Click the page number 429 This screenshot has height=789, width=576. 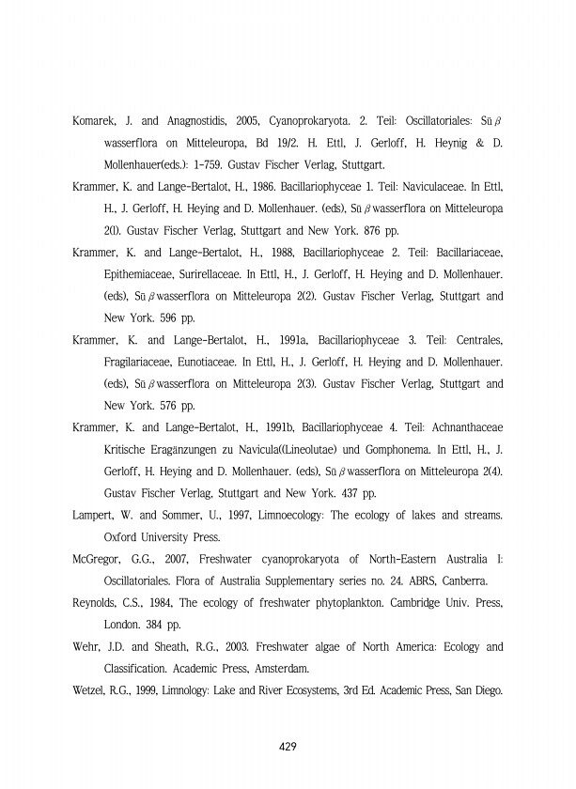(288, 747)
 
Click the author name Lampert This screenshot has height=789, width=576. (94, 515)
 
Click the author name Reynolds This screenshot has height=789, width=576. (98, 602)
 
